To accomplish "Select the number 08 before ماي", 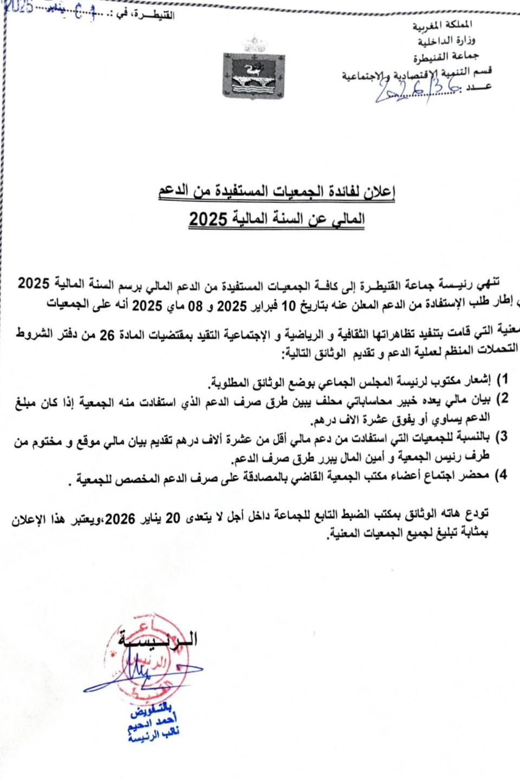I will pyautogui.click(x=195, y=306).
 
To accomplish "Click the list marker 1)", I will pyautogui.click(x=502, y=379).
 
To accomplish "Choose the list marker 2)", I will pyautogui.click(x=502, y=399).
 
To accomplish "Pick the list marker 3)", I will pyautogui.click(x=502, y=437).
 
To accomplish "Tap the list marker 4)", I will pyautogui.click(x=502, y=475).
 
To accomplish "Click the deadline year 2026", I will pyautogui.click(x=120, y=519).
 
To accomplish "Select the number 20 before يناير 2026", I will pyautogui.click(x=172, y=519).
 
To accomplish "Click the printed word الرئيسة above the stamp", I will pyautogui.click(x=159, y=639).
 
